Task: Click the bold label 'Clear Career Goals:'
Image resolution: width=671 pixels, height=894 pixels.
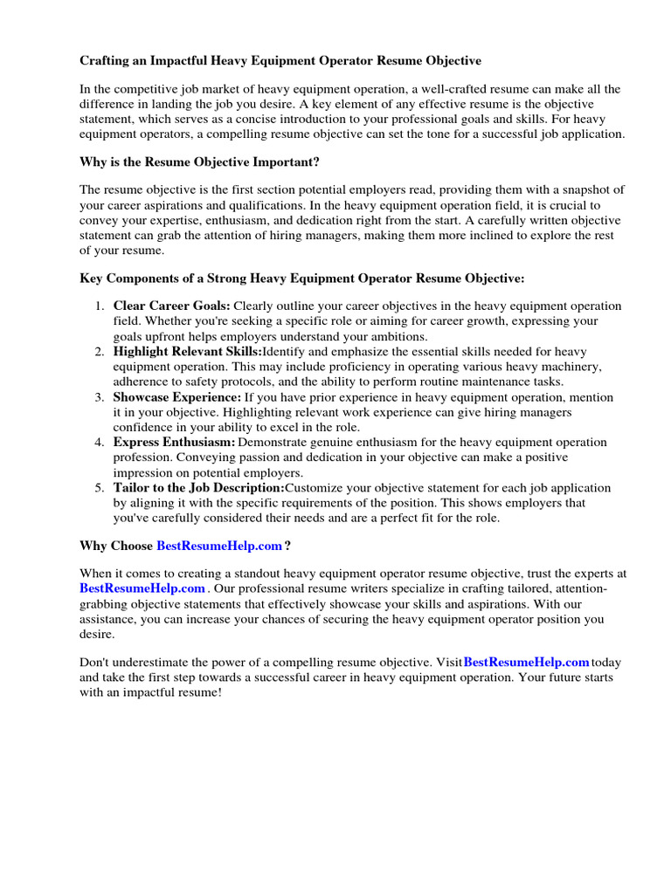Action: coord(171,306)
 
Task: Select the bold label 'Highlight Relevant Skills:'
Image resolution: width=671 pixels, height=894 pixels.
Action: coord(187,352)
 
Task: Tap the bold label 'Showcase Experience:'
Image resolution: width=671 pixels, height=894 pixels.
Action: coord(176,397)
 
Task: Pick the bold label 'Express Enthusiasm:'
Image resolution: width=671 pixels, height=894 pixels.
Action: coord(174,443)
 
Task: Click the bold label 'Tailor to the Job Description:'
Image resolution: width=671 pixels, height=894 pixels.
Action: coord(198,488)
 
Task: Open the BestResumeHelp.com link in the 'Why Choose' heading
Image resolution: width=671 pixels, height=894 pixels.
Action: coord(219,546)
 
